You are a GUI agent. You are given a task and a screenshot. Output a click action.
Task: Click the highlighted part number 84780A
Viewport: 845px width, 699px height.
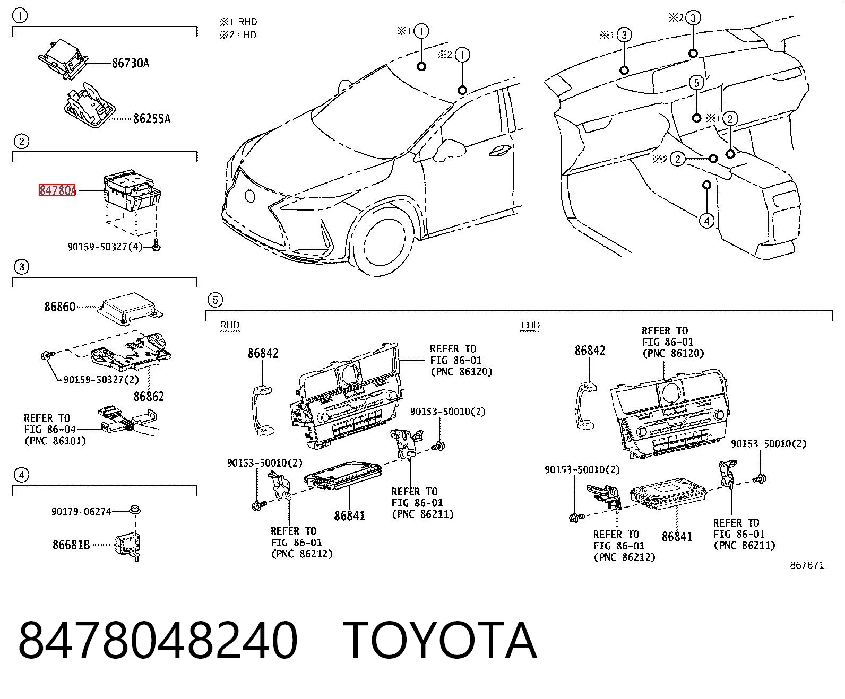57,190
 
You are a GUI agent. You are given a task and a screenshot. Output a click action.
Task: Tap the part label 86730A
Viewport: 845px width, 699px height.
131,63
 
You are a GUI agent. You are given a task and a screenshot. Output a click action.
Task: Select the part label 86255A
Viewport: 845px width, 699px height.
152,118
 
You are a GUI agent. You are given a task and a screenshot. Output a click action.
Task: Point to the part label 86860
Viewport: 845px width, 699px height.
60,307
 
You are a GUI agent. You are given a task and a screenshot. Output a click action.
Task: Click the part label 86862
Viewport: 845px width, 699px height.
149,396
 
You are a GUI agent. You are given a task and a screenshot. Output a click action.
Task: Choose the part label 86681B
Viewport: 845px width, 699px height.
71,545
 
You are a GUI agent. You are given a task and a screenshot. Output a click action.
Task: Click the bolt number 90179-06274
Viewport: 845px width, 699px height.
81,512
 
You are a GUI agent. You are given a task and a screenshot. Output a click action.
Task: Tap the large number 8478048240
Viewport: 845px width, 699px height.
158,641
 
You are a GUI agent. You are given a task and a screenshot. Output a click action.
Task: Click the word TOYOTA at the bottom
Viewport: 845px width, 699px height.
440,641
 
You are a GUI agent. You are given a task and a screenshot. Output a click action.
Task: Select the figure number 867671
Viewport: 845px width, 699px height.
807,565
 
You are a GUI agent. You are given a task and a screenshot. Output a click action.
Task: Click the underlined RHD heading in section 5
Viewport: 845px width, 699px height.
229,325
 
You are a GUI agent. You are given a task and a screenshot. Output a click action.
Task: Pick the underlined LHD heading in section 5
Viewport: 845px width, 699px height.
530,325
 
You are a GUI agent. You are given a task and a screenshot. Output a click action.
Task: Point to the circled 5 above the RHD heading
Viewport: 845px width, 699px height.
215,300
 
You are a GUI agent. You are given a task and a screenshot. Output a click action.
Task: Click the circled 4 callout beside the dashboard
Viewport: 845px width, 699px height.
706,221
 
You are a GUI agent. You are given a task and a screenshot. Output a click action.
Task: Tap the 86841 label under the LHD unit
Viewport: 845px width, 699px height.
677,537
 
